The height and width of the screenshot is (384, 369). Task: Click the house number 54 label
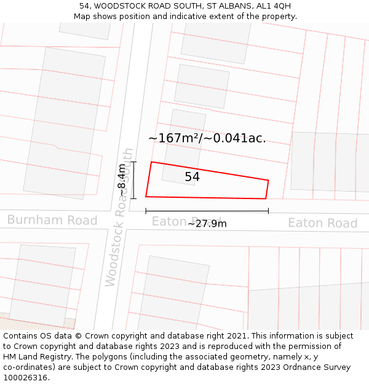[192, 177]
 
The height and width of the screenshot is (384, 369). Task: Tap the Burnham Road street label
[52, 220]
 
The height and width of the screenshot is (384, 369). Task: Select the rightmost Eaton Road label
[322, 223]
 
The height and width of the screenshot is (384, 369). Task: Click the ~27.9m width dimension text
[207, 224]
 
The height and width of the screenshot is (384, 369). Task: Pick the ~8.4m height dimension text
[122, 180]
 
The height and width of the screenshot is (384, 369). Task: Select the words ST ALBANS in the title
[221, 6]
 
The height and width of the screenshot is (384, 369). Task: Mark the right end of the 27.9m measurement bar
[268, 211]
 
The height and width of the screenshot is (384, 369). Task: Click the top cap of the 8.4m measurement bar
[134, 162]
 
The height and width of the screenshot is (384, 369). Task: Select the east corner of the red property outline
[269, 180]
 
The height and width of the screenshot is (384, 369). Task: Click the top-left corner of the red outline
[151, 162]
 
